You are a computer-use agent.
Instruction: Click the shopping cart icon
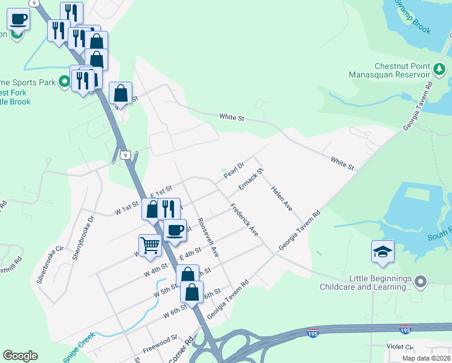pos(149,246)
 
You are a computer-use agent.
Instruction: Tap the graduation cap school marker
pos(383,252)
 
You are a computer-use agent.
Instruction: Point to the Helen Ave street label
pos(281,199)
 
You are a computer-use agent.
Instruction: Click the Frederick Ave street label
pos(244,220)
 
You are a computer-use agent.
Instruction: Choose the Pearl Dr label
pos(233,170)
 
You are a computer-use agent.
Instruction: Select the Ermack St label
pos(251,179)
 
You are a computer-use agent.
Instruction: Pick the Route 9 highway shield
pos(124,155)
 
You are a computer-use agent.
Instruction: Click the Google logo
pos(20,356)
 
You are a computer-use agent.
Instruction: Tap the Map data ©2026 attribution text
pos(426,358)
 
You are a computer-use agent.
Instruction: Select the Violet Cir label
pos(400,347)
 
